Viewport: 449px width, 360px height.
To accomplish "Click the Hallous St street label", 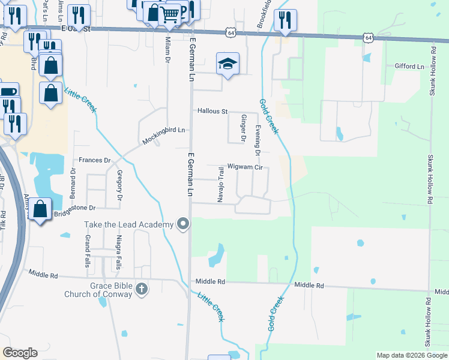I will pos(213,111).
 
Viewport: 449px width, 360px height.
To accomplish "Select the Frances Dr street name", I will pos(95,160).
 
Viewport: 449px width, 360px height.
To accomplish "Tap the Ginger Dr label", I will pos(244,128).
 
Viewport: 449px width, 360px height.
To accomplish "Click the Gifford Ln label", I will pos(409,66).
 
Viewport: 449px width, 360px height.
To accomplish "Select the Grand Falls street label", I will pos(88,250).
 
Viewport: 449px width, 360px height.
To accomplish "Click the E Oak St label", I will pos(76,28).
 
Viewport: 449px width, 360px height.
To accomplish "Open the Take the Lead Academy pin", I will pos(183,224).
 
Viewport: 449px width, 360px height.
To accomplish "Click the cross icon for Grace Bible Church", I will pos(141,290).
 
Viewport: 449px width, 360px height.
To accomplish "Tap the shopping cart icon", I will pos(171,13).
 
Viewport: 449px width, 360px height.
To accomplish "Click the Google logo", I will pos(20,353).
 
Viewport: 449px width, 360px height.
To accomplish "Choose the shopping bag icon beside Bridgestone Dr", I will pos(40,210).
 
